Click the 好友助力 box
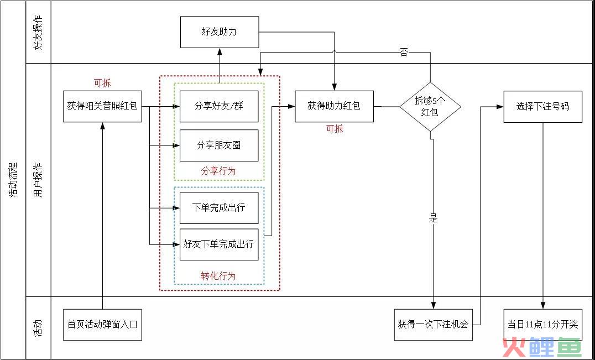220,32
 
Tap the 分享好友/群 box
219,106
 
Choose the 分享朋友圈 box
219,145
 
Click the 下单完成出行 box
219,208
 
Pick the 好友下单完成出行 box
219,244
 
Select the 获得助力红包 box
334,106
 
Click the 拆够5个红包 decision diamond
430,106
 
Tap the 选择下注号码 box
543,106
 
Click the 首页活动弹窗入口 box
102,324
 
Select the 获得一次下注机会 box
433,325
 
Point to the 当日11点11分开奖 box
543,324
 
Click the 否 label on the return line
404,53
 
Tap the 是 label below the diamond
433,218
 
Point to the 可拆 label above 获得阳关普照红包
102,84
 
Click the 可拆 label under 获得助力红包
334,129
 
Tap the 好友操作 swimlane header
39,32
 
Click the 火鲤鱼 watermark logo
541,347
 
